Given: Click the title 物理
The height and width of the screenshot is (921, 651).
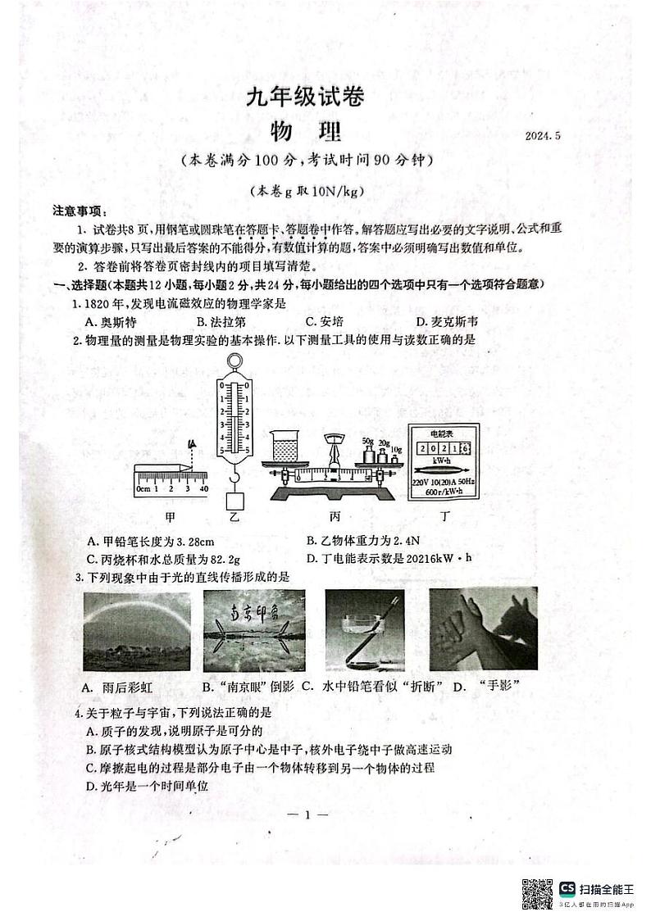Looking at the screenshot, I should pos(306,131).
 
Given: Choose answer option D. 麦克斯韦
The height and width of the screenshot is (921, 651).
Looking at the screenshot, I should pos(446,322).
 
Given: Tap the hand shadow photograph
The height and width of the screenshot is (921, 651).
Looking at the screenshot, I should pos(472,630).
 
